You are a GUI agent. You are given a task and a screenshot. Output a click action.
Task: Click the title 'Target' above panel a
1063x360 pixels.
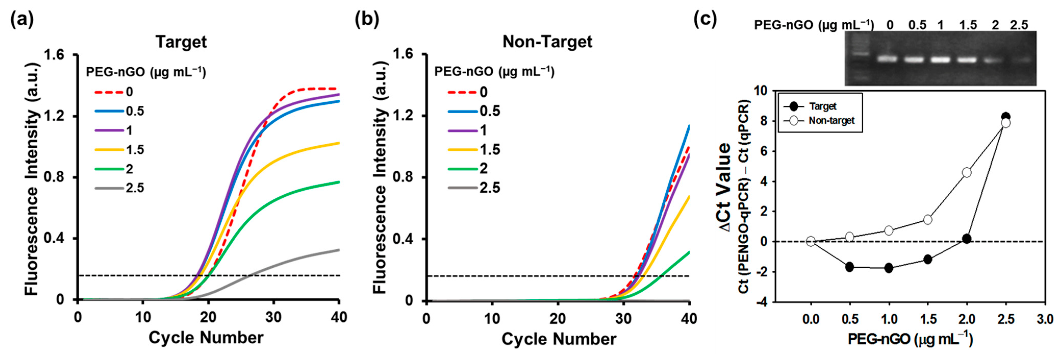(x=181, y=42)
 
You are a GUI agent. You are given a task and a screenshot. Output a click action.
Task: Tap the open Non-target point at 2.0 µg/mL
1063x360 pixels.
(x=966, y=172)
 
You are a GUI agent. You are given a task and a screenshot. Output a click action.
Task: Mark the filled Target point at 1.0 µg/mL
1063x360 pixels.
(x=888, y=268)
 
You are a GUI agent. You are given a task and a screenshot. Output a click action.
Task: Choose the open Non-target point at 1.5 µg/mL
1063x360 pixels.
(x=928, y=219)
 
